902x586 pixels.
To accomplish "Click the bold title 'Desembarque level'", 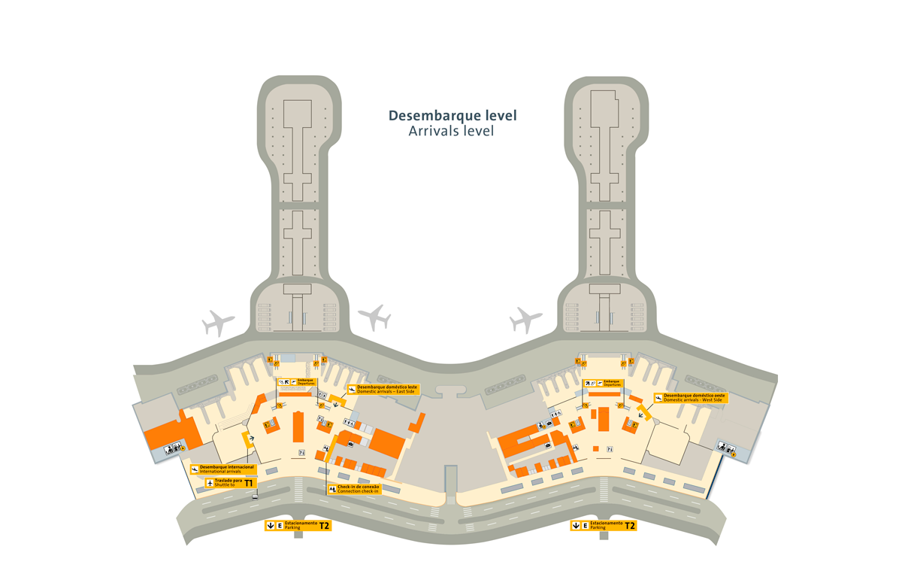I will [x=452, y=116].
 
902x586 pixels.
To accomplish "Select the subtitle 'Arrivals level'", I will [x=450, y=131].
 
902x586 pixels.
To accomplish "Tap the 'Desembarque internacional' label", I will [x=227, y=466].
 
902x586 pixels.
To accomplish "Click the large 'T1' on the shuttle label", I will [x=249, y=484].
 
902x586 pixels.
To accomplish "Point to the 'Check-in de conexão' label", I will [x=359, y=487].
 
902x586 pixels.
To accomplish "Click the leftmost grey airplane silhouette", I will [x=219, y=323].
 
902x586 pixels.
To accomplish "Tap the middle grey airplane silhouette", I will [x=374, y=317].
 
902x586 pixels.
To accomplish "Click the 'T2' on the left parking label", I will [x=324, y=526].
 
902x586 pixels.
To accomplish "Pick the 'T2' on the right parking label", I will [x=629, y=526].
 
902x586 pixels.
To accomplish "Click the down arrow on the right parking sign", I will [x=575, y=526].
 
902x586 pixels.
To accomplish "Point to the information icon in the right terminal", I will [x=610, y=449].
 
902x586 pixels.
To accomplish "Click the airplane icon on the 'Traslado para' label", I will [x=210, y=484].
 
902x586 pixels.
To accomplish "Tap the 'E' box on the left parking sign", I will [x=280, y=526].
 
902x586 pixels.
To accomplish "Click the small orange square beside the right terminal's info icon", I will [x=595, y=449].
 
